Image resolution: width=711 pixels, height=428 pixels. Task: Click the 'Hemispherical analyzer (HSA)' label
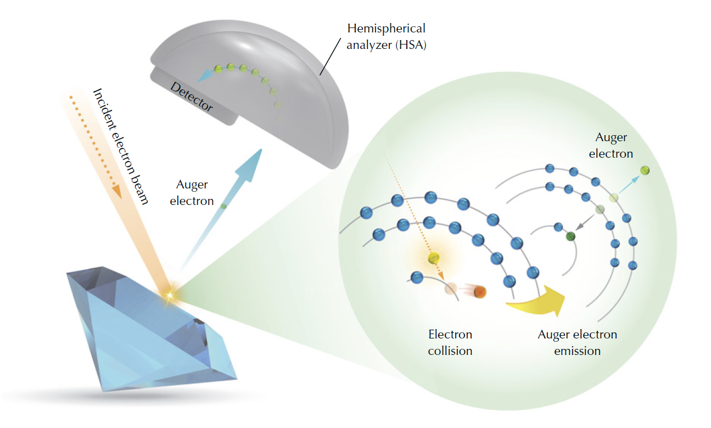click(387, 37)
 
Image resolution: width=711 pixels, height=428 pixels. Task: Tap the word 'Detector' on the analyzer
click(192, 97)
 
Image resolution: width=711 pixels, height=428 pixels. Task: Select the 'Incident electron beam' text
click(121, 146)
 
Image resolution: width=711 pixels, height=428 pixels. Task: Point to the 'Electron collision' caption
click(450, 342)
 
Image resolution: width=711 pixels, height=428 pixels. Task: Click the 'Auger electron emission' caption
click(578, 342)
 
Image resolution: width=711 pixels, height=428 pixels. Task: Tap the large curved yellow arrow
click(536, 302)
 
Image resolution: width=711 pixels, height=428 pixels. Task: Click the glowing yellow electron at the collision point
click(434, 258)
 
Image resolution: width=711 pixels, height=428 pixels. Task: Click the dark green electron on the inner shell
click(570, 236)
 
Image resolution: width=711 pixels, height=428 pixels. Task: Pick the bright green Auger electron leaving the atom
click(645, 171)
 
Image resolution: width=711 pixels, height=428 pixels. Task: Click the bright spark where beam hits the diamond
click(170, 296)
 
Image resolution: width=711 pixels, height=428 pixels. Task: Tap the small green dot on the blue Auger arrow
click(223, 207)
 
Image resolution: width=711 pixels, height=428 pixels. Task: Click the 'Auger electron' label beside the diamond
click(192, 192)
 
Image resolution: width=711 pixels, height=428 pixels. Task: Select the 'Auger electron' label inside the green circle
click(611, 146)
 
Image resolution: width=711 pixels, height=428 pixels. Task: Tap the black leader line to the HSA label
click(330, 57)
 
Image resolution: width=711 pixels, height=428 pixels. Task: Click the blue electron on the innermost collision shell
click(417, 277)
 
